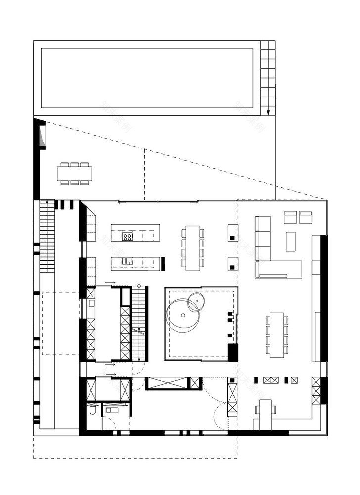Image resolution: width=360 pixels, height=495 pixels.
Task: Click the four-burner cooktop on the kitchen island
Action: tap(127, 237)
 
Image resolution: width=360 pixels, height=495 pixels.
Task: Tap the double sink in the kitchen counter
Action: tap(127, 261)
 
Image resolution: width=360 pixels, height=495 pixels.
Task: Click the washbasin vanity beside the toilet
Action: tap(111, 409)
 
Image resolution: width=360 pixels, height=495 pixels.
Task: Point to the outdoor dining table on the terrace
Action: tap(75, 173)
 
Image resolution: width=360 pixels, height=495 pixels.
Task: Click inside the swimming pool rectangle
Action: tap(147, 78)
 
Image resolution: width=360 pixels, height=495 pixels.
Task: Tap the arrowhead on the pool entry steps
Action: tap(268, 111)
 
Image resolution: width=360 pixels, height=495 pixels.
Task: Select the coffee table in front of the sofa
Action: tap(290, 242)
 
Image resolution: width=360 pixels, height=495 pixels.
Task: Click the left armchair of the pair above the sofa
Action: tap(290, 217)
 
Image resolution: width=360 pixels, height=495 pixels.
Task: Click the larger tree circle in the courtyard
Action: tap(182, 315)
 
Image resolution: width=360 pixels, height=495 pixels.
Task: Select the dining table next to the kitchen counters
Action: tap(193, 248)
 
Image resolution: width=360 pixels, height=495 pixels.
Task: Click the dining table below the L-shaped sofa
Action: tap(277, 335)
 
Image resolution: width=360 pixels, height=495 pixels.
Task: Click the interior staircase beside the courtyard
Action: tap(139, 324)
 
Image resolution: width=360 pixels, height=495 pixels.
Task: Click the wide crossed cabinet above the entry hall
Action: tap(168, 383)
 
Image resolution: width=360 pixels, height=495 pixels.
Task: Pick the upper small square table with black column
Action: tap(233, 233)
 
